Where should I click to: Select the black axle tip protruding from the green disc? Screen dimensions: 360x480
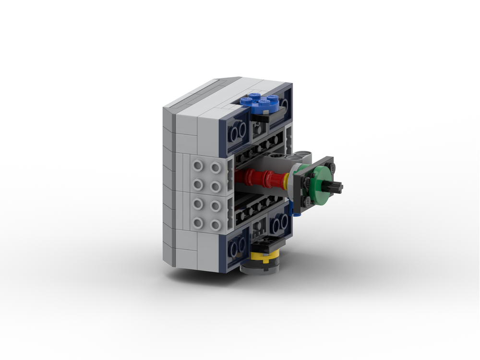tap(336, 186)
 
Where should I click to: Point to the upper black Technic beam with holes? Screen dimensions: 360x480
tap(262, 144)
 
